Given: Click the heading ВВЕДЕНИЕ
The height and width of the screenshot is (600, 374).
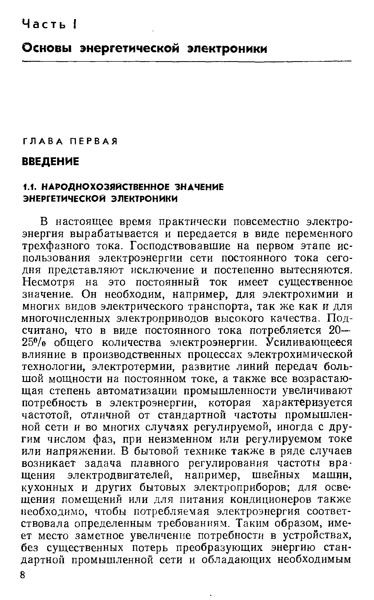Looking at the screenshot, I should click(x=50, y=162).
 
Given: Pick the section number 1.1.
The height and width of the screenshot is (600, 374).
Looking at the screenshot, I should click(x=28, y=187).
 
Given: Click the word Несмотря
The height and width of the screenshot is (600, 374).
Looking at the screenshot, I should click(x=48, y=283).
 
